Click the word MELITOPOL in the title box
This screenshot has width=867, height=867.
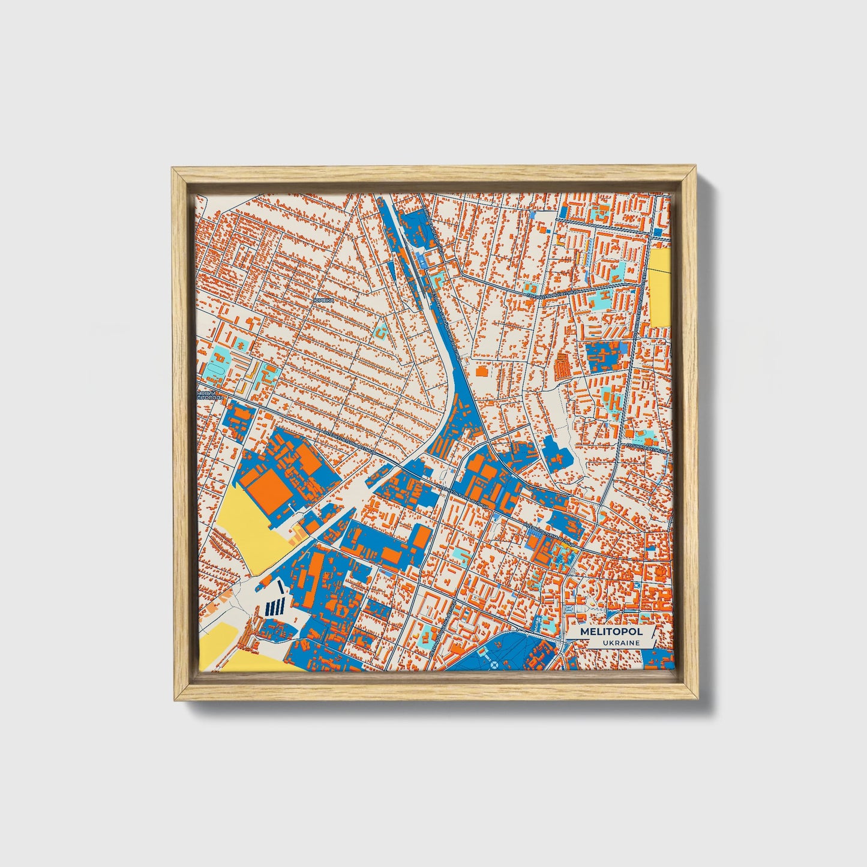point(611,632)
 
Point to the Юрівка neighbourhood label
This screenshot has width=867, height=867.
point(323,299)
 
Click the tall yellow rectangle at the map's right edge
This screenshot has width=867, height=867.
point(660,287)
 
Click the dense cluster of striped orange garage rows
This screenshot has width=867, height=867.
point(563,364)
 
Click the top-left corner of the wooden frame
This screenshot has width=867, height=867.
point(173,169)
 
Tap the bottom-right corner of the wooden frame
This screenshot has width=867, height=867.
point(698,700)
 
